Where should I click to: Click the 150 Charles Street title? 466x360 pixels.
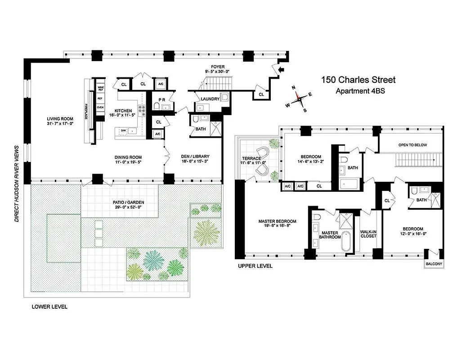pos(358,80)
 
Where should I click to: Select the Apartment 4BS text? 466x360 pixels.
pos(360,91)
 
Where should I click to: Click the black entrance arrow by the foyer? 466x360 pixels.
pos(282,69)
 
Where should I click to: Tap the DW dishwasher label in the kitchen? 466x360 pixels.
pos(123,130)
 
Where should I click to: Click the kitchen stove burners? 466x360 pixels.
pos(141,110)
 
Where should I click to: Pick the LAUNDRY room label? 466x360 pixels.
pos(210,99)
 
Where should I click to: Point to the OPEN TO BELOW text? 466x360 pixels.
pos(412,145)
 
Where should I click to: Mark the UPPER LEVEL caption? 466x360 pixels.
pos(255,266)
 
